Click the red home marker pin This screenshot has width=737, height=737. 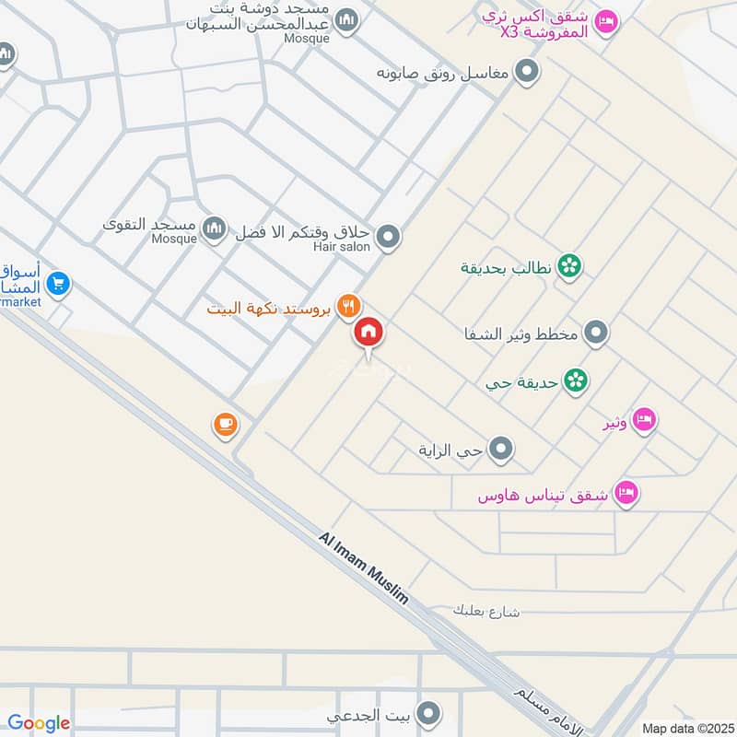[369, 333]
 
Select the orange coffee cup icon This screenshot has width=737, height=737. [226, 425]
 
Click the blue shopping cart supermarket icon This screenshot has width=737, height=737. [58, 285]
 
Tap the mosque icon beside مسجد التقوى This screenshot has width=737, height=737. [215, 228]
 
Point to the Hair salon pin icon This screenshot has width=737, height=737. [389, 237]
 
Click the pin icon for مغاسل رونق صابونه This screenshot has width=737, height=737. [526, 71]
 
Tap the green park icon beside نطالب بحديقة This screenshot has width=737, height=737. [570, 266]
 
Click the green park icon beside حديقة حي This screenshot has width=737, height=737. [577, 380]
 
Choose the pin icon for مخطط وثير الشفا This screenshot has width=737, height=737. [597, 333]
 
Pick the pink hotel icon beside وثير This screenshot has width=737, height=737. [645, 419]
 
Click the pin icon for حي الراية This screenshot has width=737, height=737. [501, 450]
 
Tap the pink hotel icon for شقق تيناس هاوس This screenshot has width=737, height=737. [627, 494]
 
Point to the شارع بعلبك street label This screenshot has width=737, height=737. [487, 611]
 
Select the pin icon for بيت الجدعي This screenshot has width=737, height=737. [427, 713]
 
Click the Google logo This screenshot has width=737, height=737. [39, 724]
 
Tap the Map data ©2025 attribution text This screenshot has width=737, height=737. [686, 728]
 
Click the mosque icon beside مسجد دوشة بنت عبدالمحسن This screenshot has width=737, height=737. [346, 20]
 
